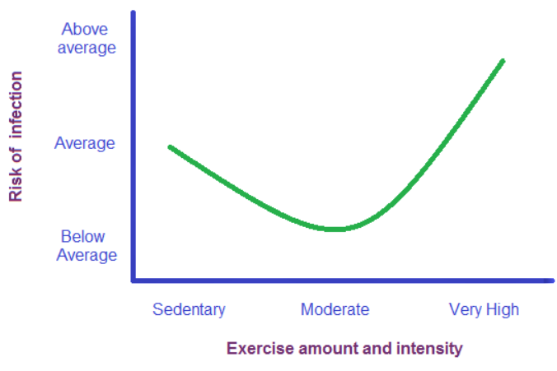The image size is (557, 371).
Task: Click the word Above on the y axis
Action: [85, 30]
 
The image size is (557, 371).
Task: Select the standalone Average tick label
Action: [85, 143]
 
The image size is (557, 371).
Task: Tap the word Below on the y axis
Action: [82, 237]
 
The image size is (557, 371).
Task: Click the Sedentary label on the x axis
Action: [189, 310]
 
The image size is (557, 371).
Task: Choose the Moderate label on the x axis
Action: [335, 310]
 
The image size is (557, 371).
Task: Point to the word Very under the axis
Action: [466, 310]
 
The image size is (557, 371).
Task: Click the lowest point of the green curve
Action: [334, 229]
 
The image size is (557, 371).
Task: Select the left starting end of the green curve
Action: [170, 147]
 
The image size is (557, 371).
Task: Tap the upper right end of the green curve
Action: [503, 61]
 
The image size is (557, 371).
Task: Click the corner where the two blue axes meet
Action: [133, 281]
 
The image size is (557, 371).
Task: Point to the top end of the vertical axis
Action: [133, 13]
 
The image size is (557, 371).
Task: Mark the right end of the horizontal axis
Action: [551, 281]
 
